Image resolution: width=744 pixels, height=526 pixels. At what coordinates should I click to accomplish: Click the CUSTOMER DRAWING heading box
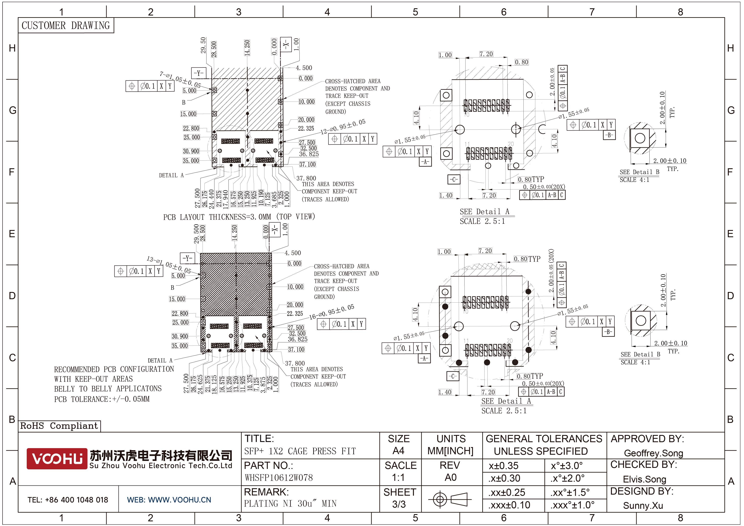point(66,25)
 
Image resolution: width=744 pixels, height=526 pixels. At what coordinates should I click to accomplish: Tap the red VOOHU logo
point(57,458)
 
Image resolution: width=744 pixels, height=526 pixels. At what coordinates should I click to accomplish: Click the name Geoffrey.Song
point(653,453)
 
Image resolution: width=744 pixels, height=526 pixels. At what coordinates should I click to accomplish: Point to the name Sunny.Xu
point(643,506)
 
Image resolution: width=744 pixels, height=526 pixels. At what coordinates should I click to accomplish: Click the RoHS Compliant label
point(59,426)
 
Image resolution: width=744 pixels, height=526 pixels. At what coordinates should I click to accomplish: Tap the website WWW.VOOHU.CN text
point(169,500)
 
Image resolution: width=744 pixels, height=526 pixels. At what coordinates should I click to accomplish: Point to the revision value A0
point(450,477)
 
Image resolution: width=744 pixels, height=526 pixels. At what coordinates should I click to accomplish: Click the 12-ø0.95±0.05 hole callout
point(343,127)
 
